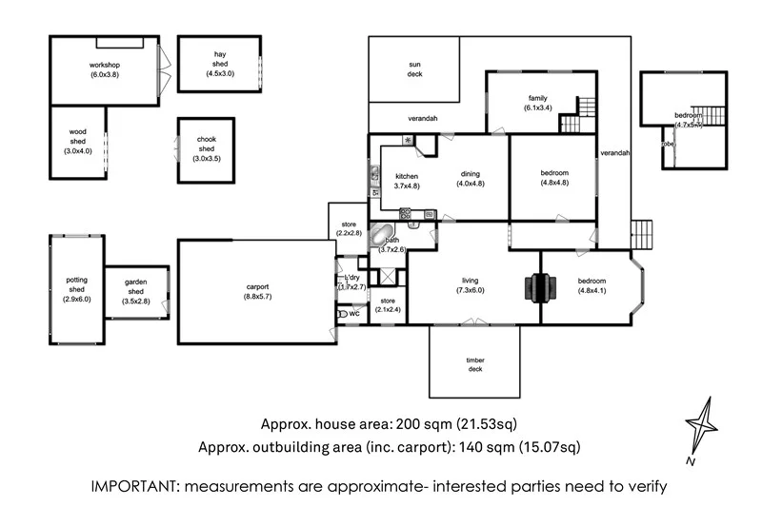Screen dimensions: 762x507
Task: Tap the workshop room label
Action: pyautogui.click(x=104, y=65)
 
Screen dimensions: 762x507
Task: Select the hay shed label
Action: pyautogui.click(x=218, y=64)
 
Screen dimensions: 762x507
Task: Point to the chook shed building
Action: pyautogui.click(x=206, y=149)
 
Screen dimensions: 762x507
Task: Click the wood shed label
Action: pyautogui.click(x=77, y=142)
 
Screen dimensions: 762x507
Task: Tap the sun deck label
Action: pyautogui.click(x=414, y=68)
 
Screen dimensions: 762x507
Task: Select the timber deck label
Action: pyautogui.click(x=474, y=364)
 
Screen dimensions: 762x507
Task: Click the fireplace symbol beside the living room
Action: pyautogui.click(x=540, y=287)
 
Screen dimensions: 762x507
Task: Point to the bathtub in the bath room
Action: pyautogui.click(x=382, y=236)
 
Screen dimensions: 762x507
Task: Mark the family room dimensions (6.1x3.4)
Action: pyautogui.click(x=537, y=108)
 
